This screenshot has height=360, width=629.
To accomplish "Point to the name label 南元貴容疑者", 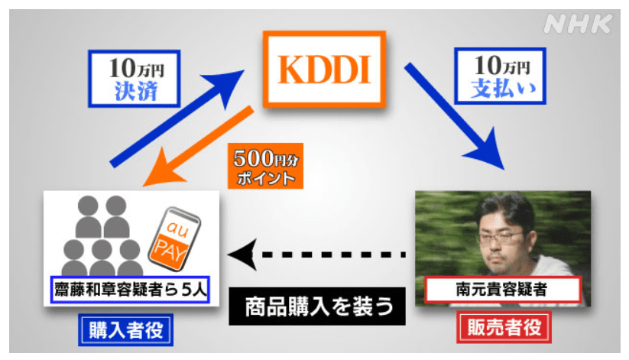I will [501, 290].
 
